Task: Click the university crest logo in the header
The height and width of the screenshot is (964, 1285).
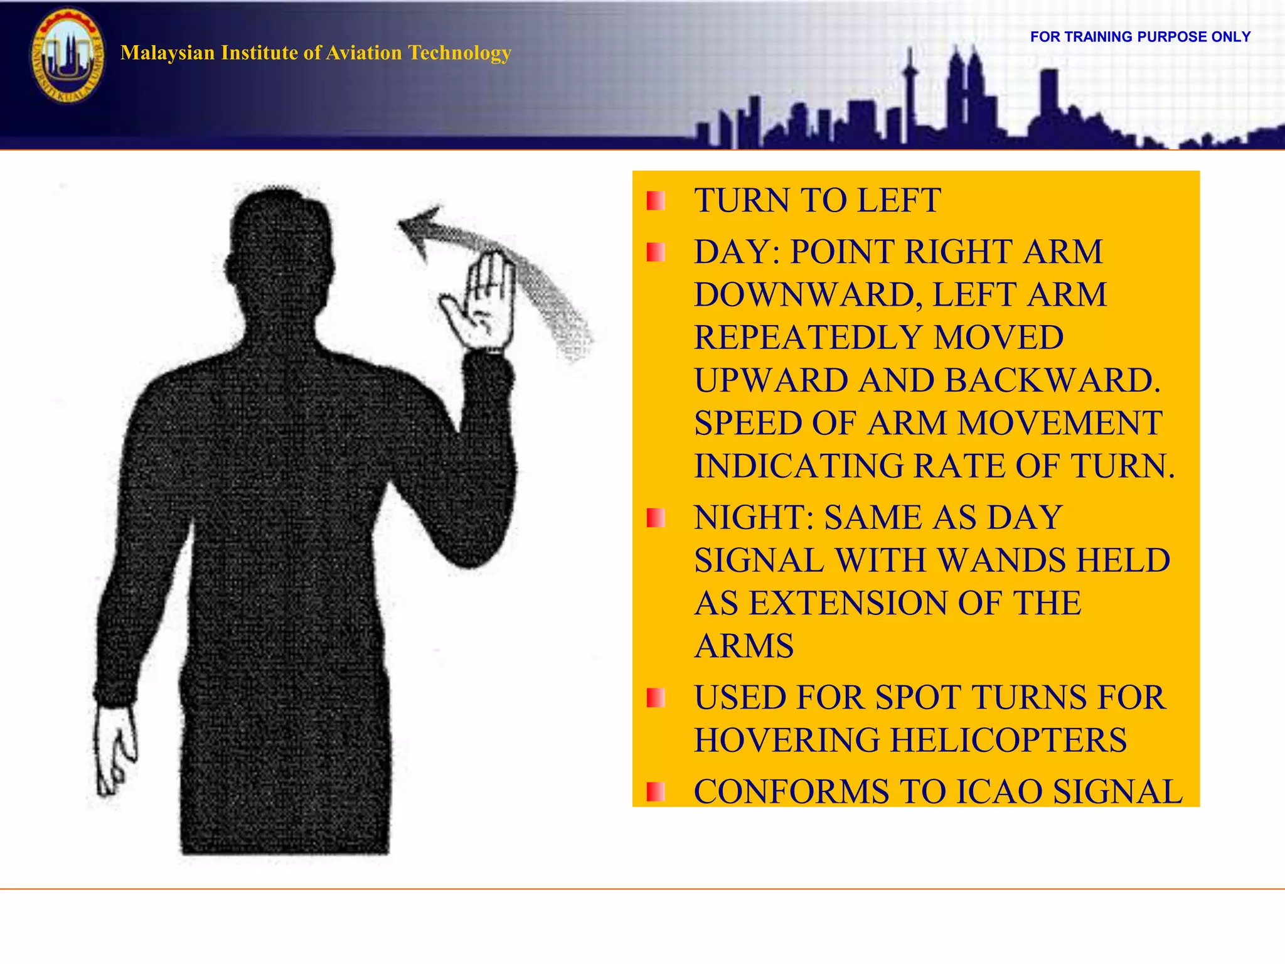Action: click(x=67, y=56)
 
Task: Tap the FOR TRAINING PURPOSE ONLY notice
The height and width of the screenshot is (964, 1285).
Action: click(x=1140, y=37)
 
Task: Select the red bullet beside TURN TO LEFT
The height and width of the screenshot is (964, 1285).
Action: click(x=656, y=201)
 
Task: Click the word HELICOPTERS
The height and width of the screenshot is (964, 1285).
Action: click(x=1008, y=741)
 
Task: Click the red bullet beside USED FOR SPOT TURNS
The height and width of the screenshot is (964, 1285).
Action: click(x=656, y=698)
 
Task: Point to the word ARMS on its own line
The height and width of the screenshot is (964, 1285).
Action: click(x=744, y=646)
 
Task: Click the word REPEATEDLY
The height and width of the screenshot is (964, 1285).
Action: click(x=807, y=338)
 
